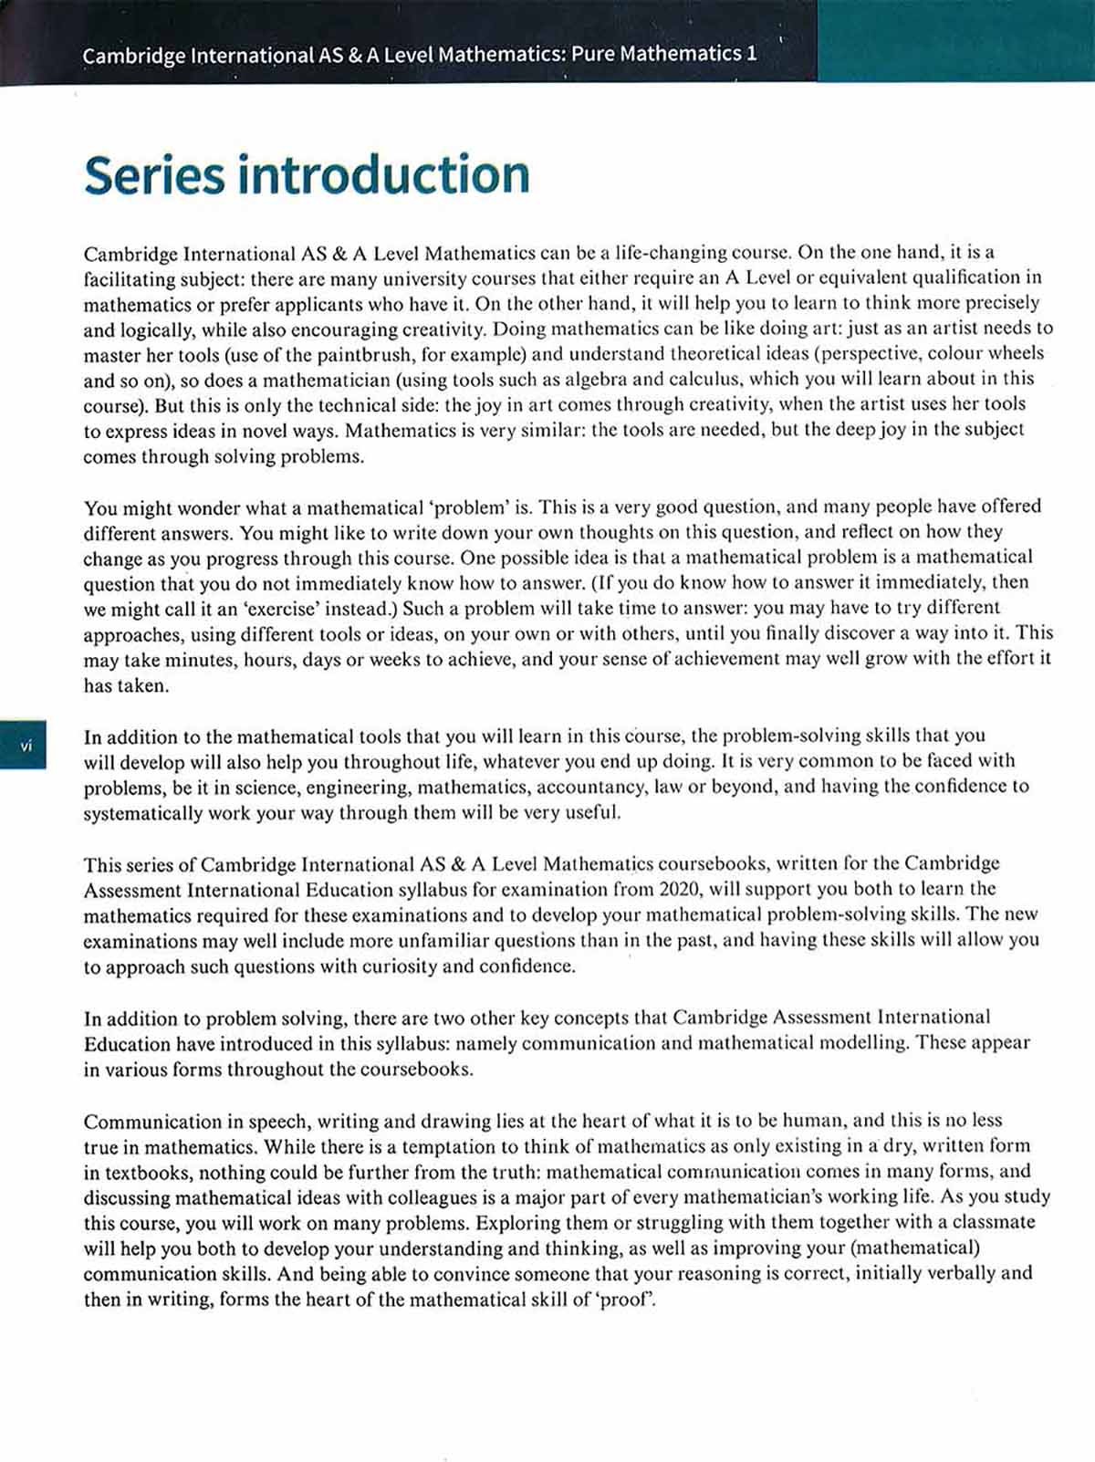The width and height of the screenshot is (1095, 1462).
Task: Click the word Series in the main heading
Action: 153,174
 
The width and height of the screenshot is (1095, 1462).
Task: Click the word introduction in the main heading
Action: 383,174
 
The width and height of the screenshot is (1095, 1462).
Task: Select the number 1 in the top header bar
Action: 751,54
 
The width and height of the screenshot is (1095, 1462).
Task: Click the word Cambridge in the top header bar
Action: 134,56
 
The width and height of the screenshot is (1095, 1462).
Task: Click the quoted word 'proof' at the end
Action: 625,1299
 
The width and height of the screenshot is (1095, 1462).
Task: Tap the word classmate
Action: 992,1222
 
